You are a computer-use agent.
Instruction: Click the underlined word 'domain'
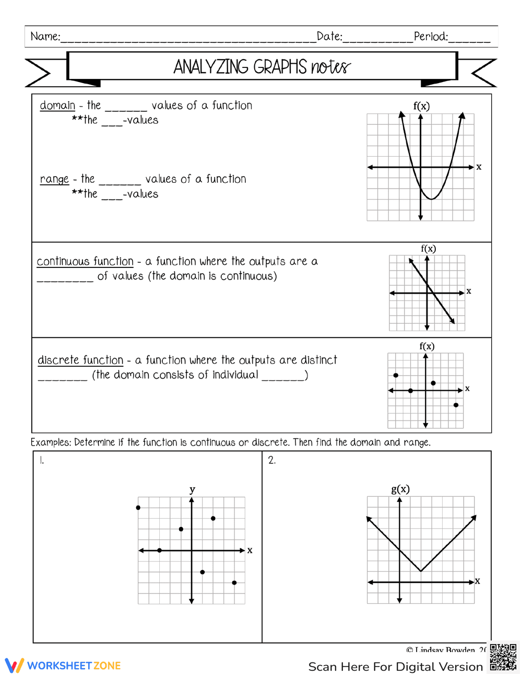coord(57,106)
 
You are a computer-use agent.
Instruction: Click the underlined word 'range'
coord(54,180)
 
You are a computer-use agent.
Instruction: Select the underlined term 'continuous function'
coord(85,261)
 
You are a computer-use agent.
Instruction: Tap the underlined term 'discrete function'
coord(80,360)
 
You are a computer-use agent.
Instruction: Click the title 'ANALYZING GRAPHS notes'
coord(262,67)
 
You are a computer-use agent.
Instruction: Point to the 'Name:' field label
coord(45,37)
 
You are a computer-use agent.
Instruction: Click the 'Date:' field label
coord(329,37)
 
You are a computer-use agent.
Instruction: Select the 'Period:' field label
coord(431,37)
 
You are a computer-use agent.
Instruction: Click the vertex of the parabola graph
coord(432,199)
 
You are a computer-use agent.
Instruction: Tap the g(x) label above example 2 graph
coord(400,489)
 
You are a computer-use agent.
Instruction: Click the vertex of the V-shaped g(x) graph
coord(421,571)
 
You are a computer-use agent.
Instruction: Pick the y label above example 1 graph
coord(192,489)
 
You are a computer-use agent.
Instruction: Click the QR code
coord(503,657)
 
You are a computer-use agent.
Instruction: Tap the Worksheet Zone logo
coord(63,666)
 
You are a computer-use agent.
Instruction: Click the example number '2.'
coord(271,460)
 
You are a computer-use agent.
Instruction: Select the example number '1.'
coord(42,460)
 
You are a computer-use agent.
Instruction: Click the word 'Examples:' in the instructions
coord(51,442)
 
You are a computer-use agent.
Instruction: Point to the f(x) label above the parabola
coord(421,106)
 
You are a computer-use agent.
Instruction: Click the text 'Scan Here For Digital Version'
coord(395,667)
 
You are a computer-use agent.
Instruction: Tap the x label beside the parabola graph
coord(479,167)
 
